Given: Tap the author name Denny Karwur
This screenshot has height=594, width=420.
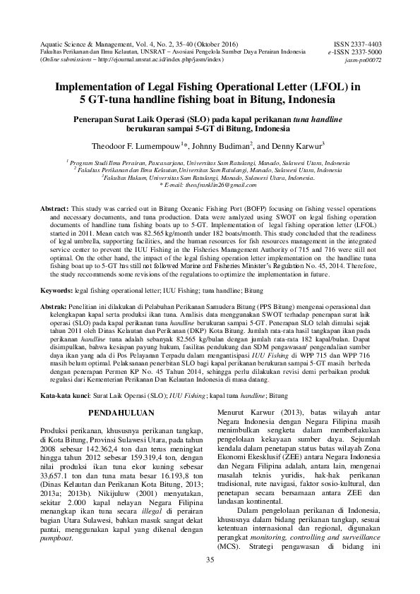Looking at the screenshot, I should coord(298,146).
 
